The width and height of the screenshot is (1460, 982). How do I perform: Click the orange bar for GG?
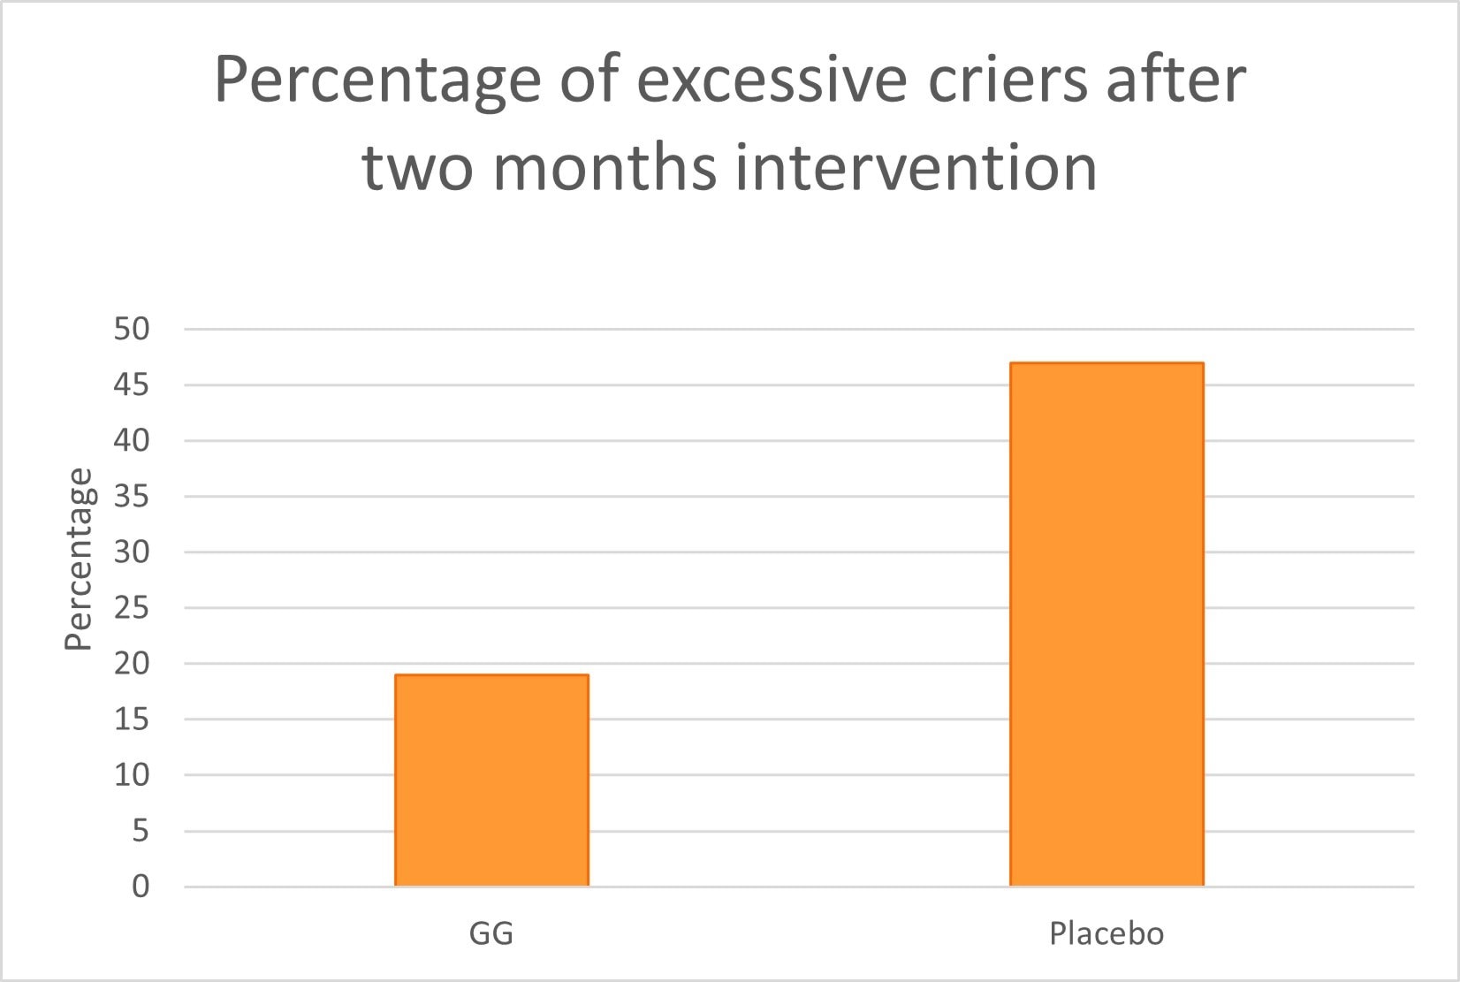pos(491,780)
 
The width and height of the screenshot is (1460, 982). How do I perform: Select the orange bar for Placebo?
pos(1106,624)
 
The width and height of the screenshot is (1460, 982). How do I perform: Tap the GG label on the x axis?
pos(491,933)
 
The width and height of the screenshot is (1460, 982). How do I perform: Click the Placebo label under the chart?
pos(1106,933)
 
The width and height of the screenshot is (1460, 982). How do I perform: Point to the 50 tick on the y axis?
pos(132,329)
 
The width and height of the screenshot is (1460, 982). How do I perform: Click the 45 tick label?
pos(132,385)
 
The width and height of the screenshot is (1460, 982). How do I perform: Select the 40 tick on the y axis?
pos(132,440)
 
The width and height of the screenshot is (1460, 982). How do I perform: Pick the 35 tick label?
pos(132,497)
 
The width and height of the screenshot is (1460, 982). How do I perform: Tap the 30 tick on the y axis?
pos(132,552)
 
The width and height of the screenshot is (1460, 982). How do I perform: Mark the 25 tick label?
pos(132,608)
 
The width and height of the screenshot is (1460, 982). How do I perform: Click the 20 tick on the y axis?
pos(132,664)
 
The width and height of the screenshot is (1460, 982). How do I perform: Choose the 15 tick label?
pos(132,719)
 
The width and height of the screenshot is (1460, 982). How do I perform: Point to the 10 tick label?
pos(132,775)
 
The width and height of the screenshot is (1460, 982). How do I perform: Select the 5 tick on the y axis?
pos(141,831)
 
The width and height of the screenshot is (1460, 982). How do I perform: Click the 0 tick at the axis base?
pos(141,887)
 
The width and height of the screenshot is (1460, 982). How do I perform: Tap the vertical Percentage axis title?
pos(80,559)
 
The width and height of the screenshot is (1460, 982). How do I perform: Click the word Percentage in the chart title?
pos(377,81)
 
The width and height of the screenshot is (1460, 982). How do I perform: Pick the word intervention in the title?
pos(916,166)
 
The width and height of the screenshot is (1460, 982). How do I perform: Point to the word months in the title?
pos(612,166)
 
